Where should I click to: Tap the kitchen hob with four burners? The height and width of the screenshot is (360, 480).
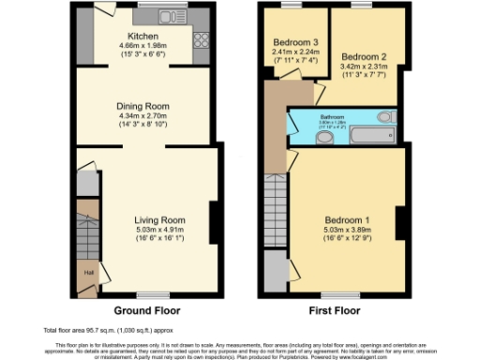click(200, 40)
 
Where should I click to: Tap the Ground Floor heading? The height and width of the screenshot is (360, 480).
click(146, 309)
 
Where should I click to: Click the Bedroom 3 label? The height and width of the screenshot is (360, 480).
click(295, 43)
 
